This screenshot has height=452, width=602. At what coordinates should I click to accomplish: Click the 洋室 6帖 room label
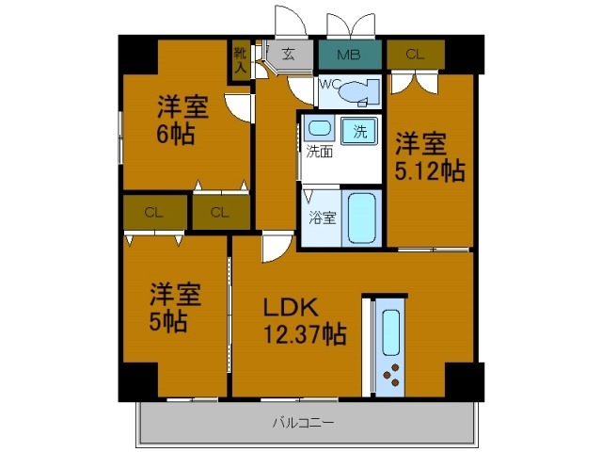[x=182, y=121]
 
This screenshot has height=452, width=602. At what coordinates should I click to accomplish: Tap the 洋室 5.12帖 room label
[x=428, y=157]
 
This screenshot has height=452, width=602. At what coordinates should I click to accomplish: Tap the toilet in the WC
[x=354, y=92]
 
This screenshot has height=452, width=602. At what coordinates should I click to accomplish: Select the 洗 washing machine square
[x=359, y=130]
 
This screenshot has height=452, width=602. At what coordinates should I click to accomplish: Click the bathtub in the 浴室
[x=360, y=218]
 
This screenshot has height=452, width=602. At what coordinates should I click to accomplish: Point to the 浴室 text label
[x=321, y=218]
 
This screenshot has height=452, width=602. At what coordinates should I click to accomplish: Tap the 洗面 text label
[x=317, y=151]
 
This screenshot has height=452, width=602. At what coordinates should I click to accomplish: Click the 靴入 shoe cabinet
[x=241, y=59]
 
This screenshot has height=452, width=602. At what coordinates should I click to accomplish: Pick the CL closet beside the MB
[x=414, y=54]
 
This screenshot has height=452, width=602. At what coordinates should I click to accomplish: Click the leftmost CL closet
[x=153, y=212]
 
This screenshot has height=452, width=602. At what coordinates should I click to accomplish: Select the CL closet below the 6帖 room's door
[x=220, y=212]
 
